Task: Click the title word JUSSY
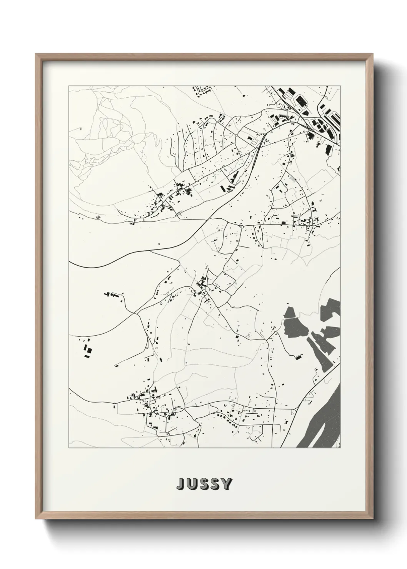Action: tap(204, 484)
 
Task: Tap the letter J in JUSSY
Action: tap(180, 484)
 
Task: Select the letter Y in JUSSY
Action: tap(227, 484)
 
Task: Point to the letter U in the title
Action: tap(192, 484)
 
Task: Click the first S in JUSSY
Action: tap(204, 484)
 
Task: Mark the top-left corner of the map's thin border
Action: tap(69, 86)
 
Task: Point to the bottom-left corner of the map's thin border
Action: tap(69, 448)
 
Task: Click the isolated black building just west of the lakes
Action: tap(298, 358)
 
